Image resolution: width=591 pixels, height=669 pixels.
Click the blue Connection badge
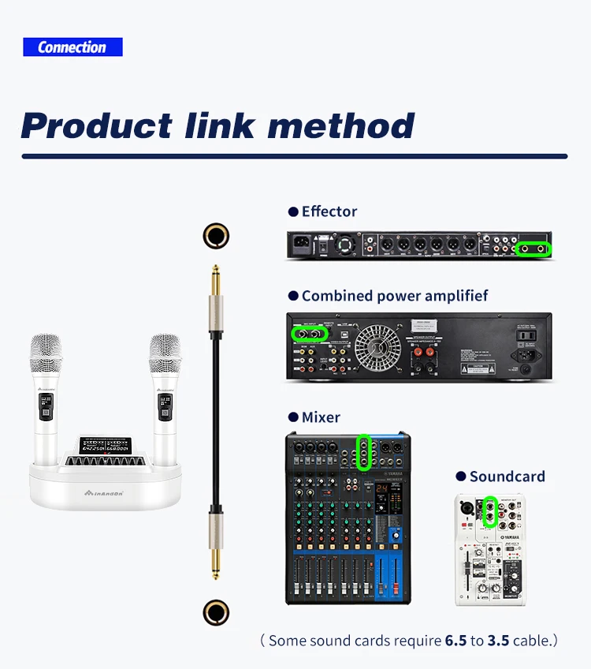[72, 47]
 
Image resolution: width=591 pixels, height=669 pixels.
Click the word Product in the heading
[96, 126]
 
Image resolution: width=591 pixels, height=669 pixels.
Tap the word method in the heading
[340, 126]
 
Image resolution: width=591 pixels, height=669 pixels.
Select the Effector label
[329, 211]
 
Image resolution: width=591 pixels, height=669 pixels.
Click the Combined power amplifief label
[394, 296]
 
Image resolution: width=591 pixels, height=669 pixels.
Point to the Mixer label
[321, 417]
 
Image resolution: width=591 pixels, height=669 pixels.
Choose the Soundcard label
[507, 477]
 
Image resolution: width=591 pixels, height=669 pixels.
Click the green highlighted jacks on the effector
[533, 249]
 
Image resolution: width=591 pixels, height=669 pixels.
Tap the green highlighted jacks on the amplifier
[310, 334]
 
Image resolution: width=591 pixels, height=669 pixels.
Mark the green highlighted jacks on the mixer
[363, 452]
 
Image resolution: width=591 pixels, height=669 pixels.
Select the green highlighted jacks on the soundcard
[490, 512]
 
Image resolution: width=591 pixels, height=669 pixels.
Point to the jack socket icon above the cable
[215, 235]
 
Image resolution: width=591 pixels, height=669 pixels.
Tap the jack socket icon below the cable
[215, 611]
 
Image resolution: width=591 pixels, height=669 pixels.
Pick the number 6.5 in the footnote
[455, 640]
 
